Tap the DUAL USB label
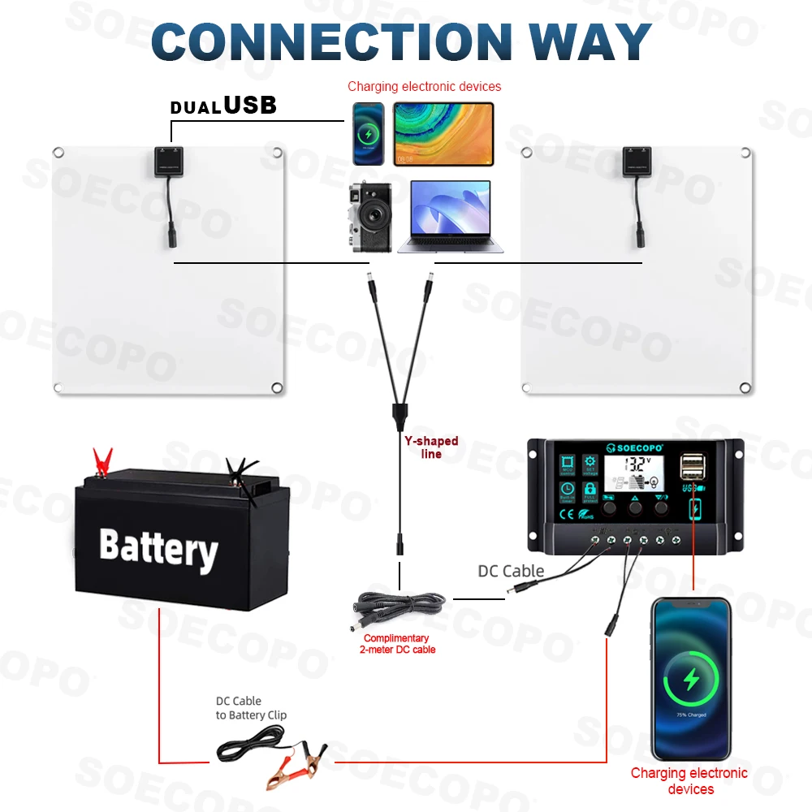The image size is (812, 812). point(223,106)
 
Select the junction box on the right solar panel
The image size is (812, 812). point(637,161)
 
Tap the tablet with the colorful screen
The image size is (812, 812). point(443,134)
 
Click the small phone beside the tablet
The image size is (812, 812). point(369,134)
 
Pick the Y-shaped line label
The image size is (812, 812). point(431,447)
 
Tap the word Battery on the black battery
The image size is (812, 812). point(158,548)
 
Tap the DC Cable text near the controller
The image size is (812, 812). point(511,571)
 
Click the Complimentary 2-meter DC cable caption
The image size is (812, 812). point(399,644)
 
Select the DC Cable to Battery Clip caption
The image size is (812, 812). point(251,708)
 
